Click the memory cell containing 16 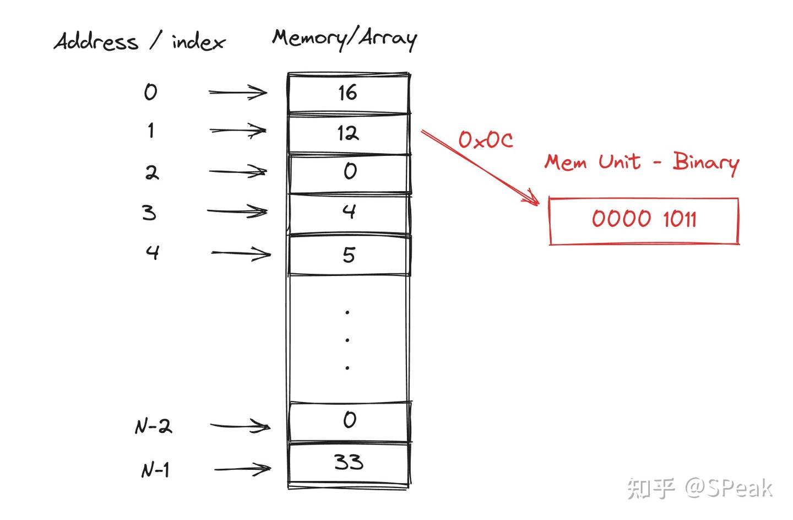[348, 93]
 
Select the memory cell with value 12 [348, 133]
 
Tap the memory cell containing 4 [349, 213]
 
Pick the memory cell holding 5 [349, 254]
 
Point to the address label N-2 [154, 426]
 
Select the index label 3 [149, 212]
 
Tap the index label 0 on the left [150, 91]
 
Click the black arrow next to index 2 [238, 172]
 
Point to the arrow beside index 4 [241, 253]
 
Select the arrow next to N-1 [242, 469]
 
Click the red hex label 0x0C [486, 140]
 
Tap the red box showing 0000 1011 [643, 220]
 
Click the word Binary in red [705, 162]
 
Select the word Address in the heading [96, 42]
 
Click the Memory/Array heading [345, 38]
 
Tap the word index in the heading [198, 42]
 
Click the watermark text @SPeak [729, 487]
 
